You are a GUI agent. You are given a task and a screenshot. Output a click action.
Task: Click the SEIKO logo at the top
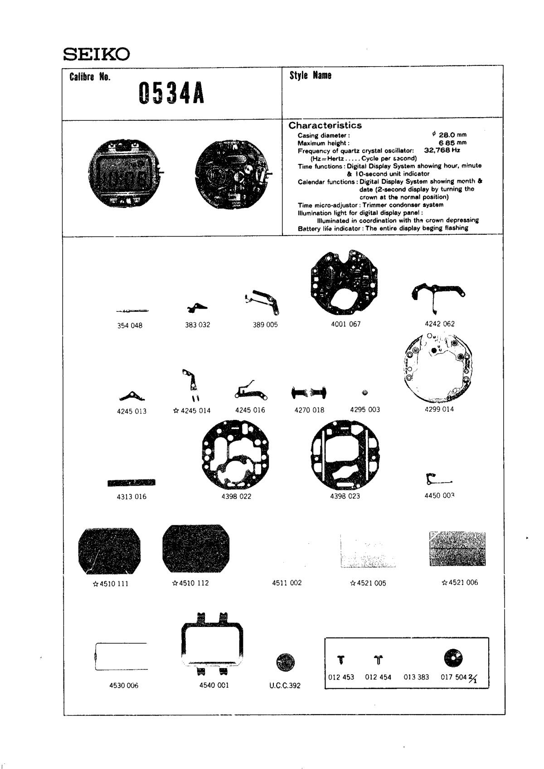point(96,54)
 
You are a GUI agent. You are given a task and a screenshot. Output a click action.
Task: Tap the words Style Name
point(311,75)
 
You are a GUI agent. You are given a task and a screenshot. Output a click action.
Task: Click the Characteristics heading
point(325,125)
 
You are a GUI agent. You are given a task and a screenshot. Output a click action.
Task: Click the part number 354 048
point(130,325)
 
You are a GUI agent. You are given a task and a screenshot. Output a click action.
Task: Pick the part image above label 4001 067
point(344,282)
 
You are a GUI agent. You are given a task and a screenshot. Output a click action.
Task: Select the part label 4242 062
point(439,324)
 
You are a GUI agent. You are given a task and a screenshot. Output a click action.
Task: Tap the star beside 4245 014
point(176,411)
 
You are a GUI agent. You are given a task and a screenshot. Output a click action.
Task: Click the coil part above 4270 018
point(309,392)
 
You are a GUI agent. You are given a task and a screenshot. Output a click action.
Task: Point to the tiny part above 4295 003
point(365,393)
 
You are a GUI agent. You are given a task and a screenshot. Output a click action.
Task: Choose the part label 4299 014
point(439,409)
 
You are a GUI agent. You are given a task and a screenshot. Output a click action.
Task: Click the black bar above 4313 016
point(131,483)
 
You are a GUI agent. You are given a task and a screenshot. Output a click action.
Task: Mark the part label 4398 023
point(345,496)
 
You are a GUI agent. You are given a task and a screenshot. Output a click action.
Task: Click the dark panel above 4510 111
point(109,550)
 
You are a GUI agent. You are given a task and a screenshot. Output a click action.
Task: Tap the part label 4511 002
point(287,583)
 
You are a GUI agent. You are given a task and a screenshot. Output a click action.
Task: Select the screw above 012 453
point(341,659)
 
